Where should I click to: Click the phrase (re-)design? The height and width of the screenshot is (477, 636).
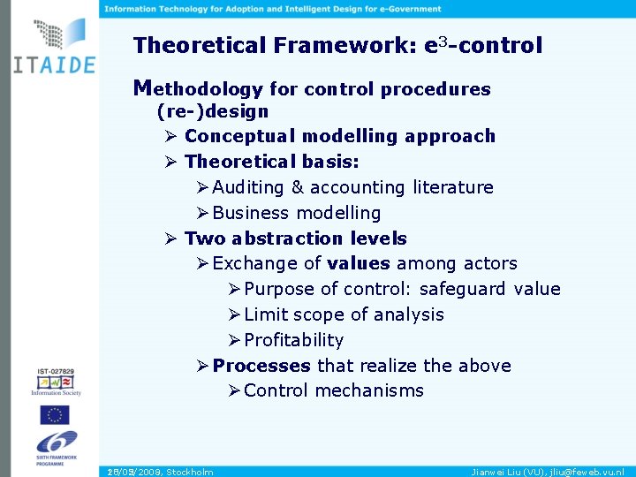[212, 112]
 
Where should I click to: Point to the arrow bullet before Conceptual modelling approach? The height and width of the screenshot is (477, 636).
[170, 137]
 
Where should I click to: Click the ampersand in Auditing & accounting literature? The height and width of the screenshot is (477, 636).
[296, 187]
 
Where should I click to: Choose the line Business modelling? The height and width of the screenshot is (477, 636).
[296, 213]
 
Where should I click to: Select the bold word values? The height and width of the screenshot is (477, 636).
[358, 263]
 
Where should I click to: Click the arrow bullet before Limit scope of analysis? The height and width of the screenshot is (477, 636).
[233, 314]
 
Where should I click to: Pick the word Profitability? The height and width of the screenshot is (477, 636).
[293, 340]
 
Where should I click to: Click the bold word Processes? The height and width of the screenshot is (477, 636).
[261, 366]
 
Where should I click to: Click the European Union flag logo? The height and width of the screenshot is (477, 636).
[54, 415]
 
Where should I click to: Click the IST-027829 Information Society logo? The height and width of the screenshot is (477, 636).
[55, 381]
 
